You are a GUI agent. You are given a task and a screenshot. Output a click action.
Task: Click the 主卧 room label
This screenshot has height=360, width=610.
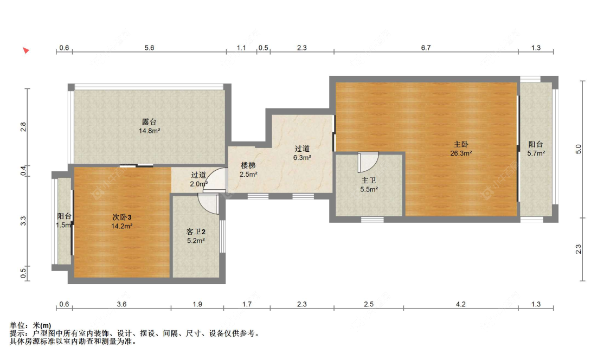[461, 144]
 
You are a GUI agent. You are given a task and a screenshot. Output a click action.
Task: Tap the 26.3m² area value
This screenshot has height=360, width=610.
[461, 153]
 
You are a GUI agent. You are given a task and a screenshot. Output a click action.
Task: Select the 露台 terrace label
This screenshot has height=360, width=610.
[150, 122]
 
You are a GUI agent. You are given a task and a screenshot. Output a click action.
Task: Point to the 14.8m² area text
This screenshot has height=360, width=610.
[150, 131]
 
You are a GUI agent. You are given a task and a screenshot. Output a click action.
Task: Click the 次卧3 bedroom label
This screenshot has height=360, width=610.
[122, 217]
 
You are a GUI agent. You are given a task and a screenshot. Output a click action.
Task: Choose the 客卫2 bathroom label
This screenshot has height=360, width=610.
[196, 232]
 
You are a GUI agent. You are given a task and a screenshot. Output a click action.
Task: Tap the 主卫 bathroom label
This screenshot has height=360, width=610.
[369, 181]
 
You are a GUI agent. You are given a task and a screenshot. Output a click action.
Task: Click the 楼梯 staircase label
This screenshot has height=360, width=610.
[248, 165]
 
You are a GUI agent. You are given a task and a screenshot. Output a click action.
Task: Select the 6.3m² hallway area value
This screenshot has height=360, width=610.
[302, 158]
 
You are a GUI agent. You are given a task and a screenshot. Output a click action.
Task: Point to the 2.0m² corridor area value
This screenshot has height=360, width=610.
[199, 184]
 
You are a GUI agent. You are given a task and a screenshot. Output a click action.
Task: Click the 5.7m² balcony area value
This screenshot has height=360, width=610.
[536, 153]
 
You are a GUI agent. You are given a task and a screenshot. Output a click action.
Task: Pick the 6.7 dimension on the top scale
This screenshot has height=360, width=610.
[426, 48]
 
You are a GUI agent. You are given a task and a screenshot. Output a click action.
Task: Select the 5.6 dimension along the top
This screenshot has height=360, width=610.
[150, 48]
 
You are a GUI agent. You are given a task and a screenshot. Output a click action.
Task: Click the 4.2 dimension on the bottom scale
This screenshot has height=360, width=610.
[460, 304]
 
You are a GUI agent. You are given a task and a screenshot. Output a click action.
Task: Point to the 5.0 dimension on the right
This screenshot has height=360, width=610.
[579, 149]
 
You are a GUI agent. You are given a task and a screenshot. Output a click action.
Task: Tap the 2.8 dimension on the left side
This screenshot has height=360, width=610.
[23, 127]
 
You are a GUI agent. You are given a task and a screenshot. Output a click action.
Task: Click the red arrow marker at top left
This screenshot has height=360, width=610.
[25, 50]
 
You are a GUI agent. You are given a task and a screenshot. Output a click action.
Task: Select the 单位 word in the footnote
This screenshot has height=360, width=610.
[17, 325]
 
